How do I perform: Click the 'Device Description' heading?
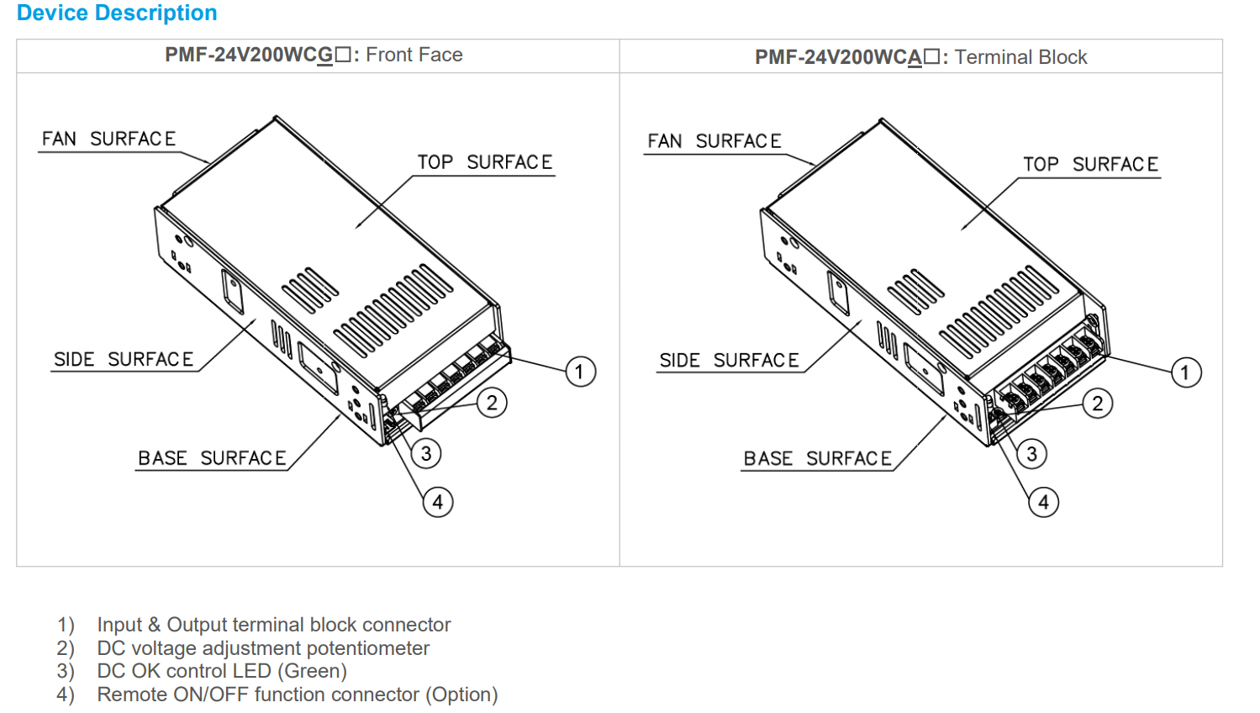pos(117,13)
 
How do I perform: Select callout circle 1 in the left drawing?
pos(580,372)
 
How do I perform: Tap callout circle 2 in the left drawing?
pos(492,403)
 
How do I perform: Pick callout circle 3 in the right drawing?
pos(1031,454)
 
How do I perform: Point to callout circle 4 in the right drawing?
pos(1043,503)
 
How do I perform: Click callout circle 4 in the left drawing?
pos(437,503)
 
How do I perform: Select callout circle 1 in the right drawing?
pos(1185,372)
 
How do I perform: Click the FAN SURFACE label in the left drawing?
pos(109,139)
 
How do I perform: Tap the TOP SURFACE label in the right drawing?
pos(1090,165)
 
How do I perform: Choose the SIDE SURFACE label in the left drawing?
pos(124,360)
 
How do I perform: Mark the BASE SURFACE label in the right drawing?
pos(817,459)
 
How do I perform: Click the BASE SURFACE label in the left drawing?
pos(212,458)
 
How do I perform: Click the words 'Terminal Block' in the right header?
pos(1020,57)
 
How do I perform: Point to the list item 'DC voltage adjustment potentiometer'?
pos(263,648)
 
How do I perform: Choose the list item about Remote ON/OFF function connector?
pos(297,695)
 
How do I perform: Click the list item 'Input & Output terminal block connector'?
pos(274,625)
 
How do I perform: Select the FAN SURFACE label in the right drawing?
pos(714,141)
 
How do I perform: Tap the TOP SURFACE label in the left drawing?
pos(485,162)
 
